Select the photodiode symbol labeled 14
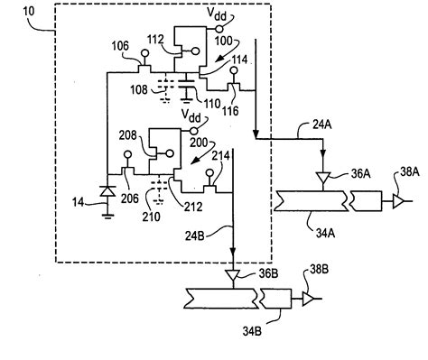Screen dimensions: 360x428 pos(107,190)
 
